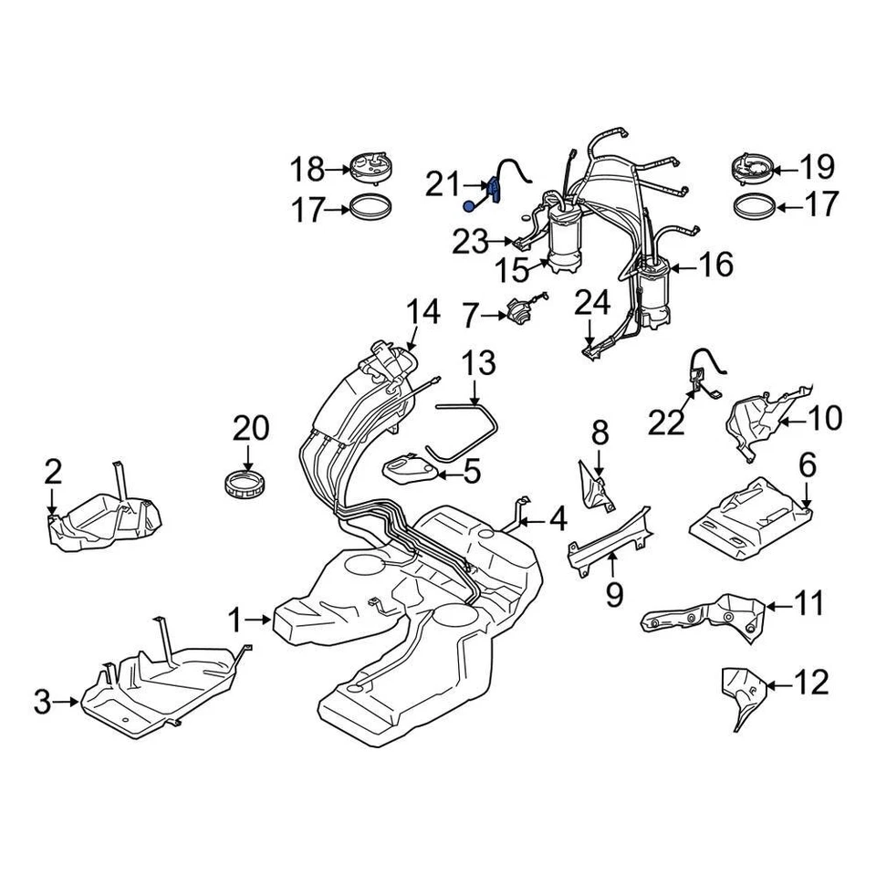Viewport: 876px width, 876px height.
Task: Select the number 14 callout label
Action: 422,312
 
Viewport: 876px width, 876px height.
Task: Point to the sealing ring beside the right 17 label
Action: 756,205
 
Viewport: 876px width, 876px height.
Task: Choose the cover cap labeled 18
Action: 372,169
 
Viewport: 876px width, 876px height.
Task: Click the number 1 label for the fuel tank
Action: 235,621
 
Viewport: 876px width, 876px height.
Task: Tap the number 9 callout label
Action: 613,596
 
